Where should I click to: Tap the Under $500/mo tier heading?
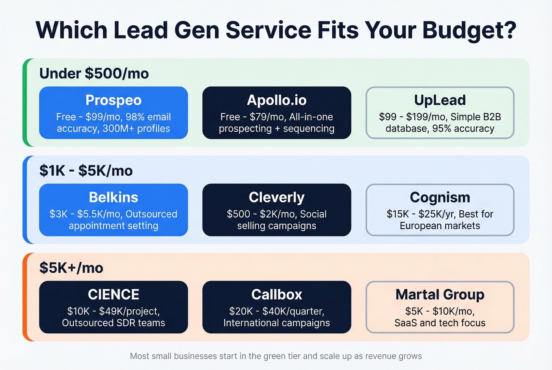pos(94,74)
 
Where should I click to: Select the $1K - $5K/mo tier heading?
pos(86,171)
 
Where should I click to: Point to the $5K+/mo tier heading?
pos(71,268)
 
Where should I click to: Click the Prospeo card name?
pos(114,100)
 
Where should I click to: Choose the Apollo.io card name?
pos(276,100)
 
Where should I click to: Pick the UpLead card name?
pos(440,100)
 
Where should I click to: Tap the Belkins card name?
pos(114,197)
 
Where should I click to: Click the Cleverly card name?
pos(276,197)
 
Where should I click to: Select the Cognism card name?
pos(440,197)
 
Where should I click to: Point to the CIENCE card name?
pos(114,294)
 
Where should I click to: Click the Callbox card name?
pos(276,294)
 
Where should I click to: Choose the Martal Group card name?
pos(440,294)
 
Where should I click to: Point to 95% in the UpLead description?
pos(442,129)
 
